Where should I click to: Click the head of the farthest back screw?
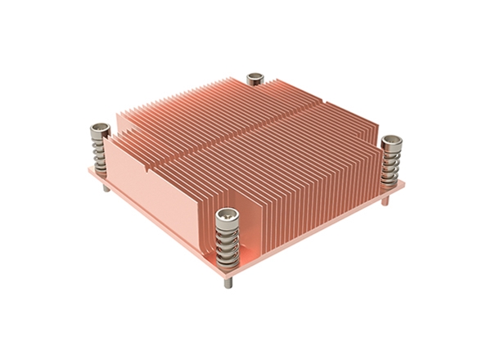coord(255,79)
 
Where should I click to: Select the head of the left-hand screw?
coord(100,128)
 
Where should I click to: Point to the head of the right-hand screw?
coord(391,142)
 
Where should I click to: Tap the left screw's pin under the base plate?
coord(104,187)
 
